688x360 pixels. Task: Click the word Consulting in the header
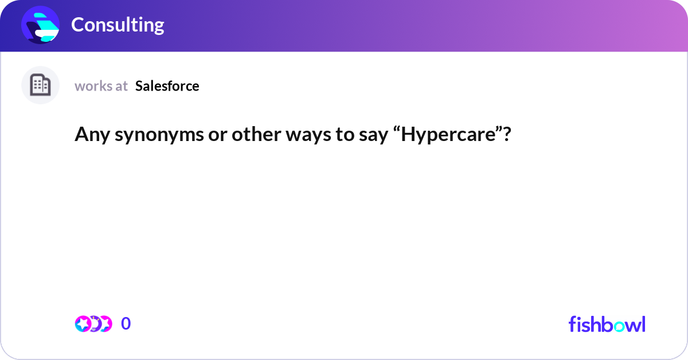coord(118,25)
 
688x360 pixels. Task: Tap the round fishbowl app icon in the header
coord(40,25)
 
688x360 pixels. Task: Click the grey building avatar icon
coord(40,85)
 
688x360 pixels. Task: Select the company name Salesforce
coord(167,86)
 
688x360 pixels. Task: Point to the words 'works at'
coord(101,86)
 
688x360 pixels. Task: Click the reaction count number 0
coord(126,324)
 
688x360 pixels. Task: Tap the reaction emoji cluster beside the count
coord(93,324)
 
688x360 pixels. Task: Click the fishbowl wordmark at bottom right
coord(607,324)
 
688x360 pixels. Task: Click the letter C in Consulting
coord(77,25)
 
